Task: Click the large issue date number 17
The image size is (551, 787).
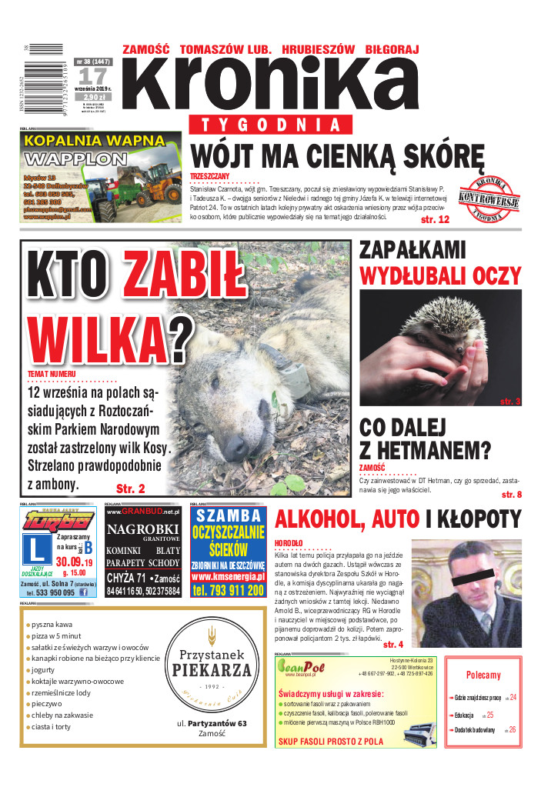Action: [92, 76]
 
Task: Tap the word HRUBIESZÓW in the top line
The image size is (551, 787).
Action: [317, 49]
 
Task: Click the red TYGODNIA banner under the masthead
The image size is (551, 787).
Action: [265, 125]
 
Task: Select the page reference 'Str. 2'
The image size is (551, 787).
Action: [131, 488]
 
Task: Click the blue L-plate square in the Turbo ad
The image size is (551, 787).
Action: [38, 550]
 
